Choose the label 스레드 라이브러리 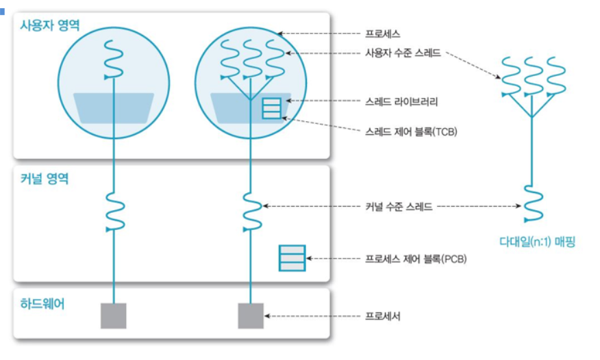coord(402,101)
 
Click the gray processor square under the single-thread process coord(114,316)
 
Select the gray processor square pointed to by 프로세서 coord(250,316)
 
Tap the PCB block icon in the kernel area coord(291,259)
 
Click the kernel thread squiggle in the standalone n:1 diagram coord(534,203)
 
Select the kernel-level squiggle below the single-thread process coord(113,211)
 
